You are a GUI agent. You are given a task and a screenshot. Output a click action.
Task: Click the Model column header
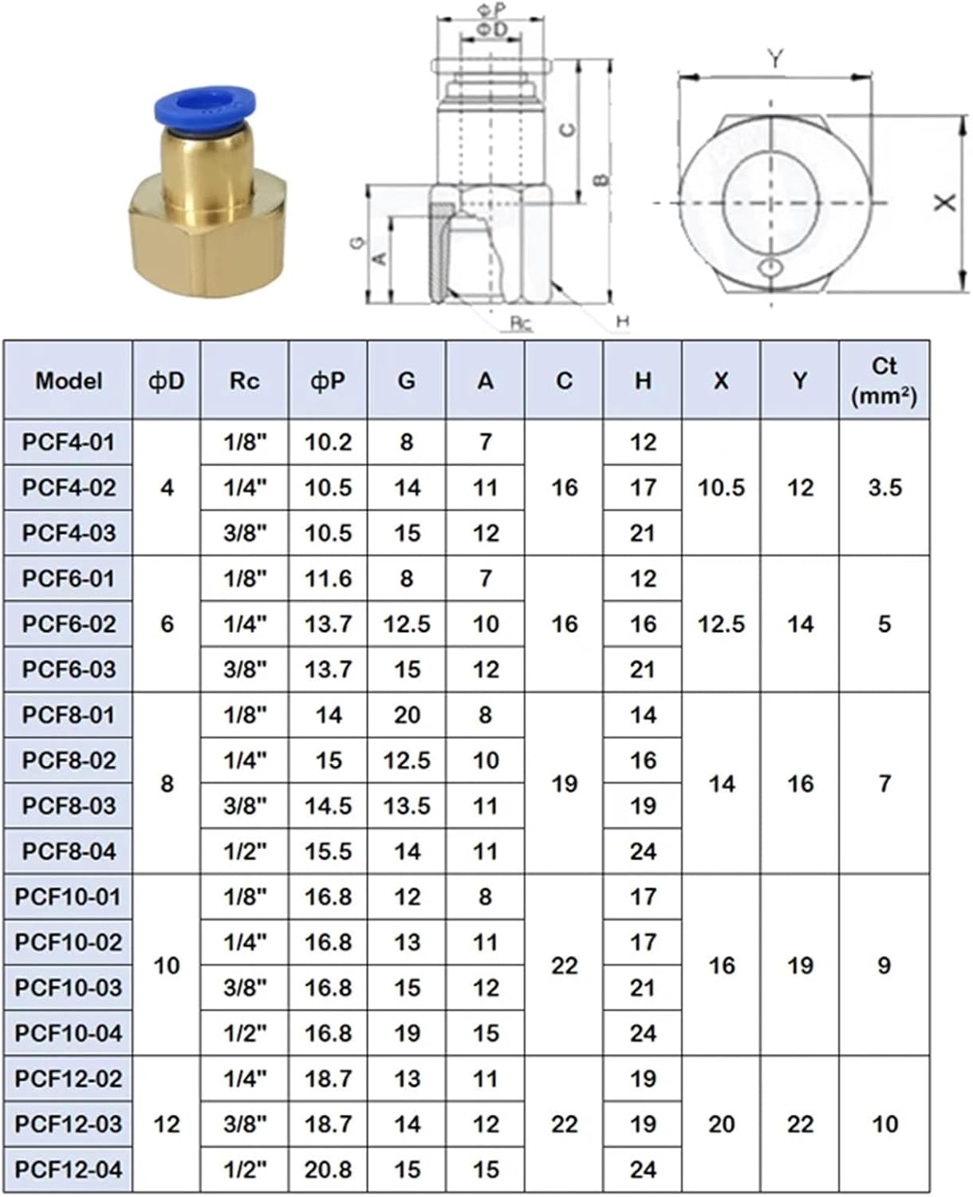[x=69, y=381]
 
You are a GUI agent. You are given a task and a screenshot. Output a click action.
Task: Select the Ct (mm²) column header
[x=884, y=380]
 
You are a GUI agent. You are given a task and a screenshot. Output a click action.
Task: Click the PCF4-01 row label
[x=69, y=442]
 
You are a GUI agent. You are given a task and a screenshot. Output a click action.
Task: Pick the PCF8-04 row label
[x=69, y=851]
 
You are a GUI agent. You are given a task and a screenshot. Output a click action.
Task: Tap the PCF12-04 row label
[x=69, y=1170]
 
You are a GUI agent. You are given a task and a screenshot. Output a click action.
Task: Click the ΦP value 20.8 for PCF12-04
[x=328, y=1170]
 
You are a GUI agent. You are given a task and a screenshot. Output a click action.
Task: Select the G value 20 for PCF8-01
[x=407, y=715]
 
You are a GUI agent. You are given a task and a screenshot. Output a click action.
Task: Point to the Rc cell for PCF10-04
[x=245, y=1033]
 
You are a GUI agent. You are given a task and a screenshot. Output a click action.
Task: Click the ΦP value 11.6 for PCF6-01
[x=328, y=579]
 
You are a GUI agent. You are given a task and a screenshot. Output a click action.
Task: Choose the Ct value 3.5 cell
[x=884, y=488]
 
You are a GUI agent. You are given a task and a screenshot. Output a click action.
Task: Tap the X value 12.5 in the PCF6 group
[x=721, y=624]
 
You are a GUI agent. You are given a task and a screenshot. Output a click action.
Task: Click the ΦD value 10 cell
[x=167, y=966]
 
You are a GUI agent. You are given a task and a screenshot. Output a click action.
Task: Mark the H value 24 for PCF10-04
[x=643, y=1033]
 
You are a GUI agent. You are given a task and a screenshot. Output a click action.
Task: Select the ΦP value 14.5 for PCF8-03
[x=328, y=806]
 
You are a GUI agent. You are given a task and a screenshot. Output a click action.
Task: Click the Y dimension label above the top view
[x=775, y=59]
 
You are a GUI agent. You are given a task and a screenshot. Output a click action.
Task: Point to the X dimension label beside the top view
[x=946, y=203]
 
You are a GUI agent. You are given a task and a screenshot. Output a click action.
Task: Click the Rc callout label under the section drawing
[x=520, y=322]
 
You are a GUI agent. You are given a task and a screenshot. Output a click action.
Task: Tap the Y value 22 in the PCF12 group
[x=800, y=1124]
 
